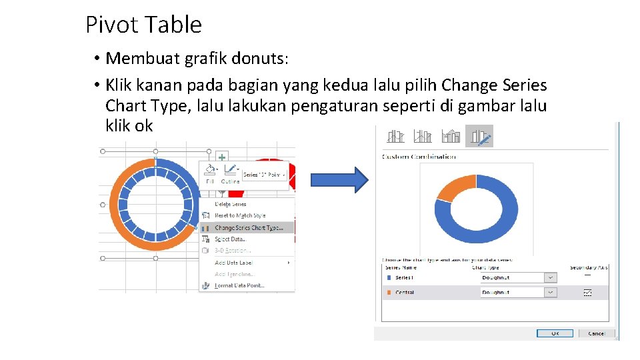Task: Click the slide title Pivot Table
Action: point(143,25)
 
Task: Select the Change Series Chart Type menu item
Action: point(248,228)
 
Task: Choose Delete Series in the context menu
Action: point(230,204)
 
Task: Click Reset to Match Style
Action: point(239,215)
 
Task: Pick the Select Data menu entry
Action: point(230,239)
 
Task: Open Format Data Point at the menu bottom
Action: point(239,285)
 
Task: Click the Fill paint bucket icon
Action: point(209,170)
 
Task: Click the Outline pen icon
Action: point(231,170)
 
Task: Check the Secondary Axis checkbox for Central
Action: point(587,292)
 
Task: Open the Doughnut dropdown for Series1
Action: point(551,277)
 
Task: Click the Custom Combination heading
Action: point(419,157)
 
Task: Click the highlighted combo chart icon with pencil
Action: point(479,136)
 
